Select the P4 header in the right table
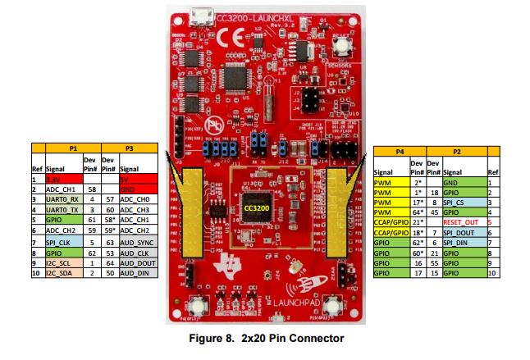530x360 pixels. pyautogui.click(x=400, y=152)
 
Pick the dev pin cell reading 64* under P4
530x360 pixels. pyautogui.click(x=418, y=212)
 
